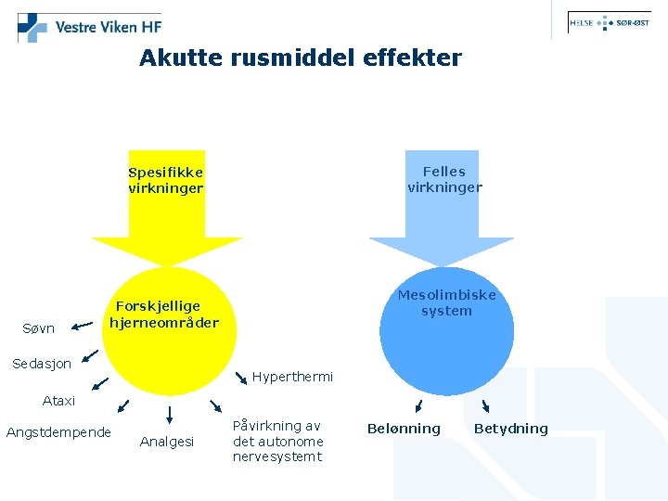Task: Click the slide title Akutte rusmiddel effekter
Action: (x=300, y=58)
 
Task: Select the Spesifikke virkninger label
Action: (x=165, y=180)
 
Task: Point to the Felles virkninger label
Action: (x=444, y=179)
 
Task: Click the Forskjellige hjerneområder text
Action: (x=163, y=315)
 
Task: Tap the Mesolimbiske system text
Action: (x=446, y=302)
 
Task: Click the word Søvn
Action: (x=39, y=328)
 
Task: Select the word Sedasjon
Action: (x=42, y=364)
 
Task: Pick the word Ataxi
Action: (x=58, y=402)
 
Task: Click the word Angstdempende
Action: (x=58, y=432)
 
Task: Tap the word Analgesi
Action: (x=166, y=443)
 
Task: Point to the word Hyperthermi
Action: (x=292, y=378)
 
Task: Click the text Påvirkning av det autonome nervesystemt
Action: (x=277, y=441)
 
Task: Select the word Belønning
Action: (x=404, y=429)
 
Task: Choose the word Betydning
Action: (x=511, y=429)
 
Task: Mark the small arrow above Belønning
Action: (x=418, y=405)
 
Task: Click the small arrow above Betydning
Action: (x=485, y=405)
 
